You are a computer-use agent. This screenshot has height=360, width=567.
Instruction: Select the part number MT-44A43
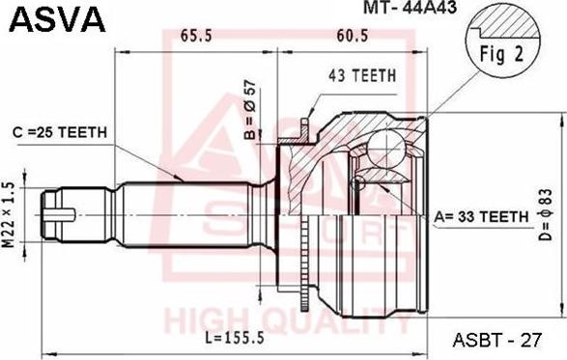[x=411, y=7]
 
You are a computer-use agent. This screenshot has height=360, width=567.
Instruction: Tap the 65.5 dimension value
[x=196, y=36]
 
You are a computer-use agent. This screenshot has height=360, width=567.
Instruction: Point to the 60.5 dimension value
[x=353, y=36]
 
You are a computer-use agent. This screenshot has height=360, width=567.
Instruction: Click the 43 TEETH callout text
[x=362, y=75]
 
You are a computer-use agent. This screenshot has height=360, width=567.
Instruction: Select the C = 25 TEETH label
[x=60, y=132]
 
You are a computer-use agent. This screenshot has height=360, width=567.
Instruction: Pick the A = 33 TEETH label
[x=481, y=216]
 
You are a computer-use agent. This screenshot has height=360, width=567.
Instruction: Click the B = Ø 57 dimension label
[x=250, y=109]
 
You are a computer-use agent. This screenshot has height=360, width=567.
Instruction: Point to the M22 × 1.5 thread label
[x=10, y=215]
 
